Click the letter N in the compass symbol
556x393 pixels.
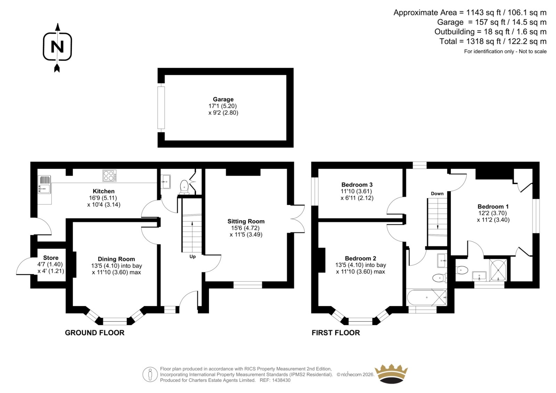coord(57,47)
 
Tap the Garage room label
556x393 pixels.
coord(223,99)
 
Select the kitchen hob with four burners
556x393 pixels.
coord(109,175)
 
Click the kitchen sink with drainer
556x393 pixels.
coord(44,185)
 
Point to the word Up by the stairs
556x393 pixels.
coord(193,256)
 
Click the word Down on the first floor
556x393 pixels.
coord(437,194)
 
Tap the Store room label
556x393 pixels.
coord(51,258)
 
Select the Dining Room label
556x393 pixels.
coord(116,259)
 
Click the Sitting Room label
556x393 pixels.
coord(246,221)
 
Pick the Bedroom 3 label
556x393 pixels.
coord(357,185)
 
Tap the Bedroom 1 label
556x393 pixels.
coord(493,206)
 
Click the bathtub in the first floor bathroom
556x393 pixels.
coord(427,297)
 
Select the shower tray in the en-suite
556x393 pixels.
coord(498,270)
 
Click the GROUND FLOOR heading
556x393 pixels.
coord(95,333)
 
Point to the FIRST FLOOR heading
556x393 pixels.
coord(336,333)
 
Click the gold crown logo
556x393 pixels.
coord(391,374)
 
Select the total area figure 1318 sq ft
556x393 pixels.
coord(483,41)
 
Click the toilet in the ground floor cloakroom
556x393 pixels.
coord(184,187)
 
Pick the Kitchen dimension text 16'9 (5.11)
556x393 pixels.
coord(103,198)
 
